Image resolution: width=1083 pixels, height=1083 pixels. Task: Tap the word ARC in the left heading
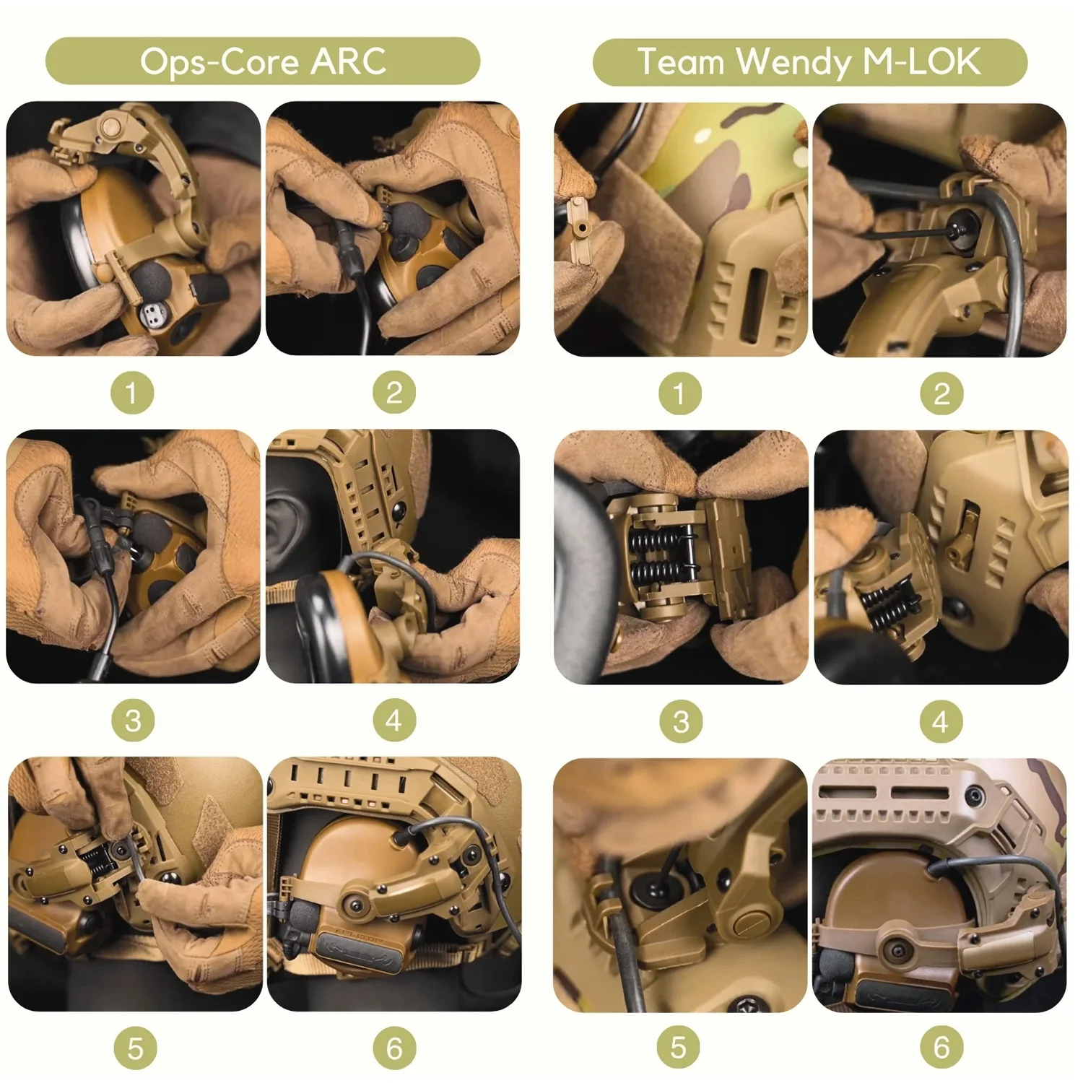(x=349, y=62)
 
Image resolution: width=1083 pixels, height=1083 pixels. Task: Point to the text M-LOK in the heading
(x=922, y=62)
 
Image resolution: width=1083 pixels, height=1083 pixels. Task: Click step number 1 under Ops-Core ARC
(x=131, y=393)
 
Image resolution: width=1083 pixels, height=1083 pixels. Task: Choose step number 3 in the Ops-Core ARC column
(x=133, y=721)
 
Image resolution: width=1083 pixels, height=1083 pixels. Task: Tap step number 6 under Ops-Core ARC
(x=394, y=1048)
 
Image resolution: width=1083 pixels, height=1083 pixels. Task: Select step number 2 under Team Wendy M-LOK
(x=941, y=393)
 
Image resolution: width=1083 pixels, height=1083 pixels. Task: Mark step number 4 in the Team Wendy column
(x=940, y=721)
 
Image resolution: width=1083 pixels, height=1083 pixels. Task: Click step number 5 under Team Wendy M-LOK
(x=679, y=1048)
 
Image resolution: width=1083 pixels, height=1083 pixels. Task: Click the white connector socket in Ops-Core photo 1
(x=152, y=313)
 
